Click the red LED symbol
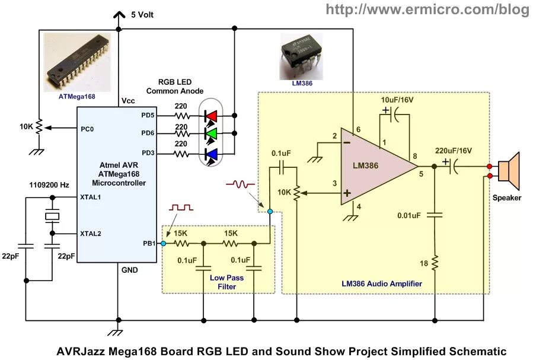click(x=210, y=115)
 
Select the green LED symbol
click(x=210, y=134)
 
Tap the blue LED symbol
click(x=210, y=154)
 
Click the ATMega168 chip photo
click(x=77, y=63)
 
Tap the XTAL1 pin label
click(x=91, y=197)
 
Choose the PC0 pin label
click(x=87, y=128)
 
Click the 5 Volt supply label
click(x=142, y=14)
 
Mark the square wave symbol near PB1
click(x=181, y=208)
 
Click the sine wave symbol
click(x=240, y=184)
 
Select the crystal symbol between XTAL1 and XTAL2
click(x=53, y=216)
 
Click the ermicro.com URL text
click(x=427, y=9)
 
